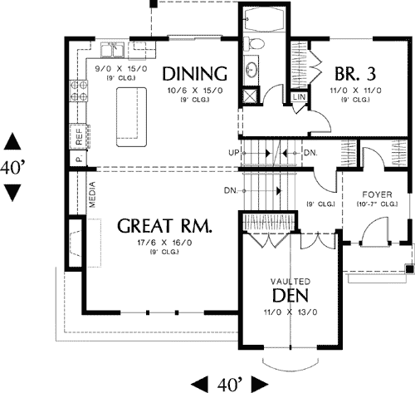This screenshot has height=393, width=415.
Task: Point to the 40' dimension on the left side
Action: (13, 167)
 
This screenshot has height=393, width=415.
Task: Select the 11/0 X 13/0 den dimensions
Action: (290, 312)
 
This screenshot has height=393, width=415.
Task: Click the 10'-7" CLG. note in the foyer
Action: (375, 204)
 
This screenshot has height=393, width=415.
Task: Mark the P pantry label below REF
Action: (79, 157)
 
